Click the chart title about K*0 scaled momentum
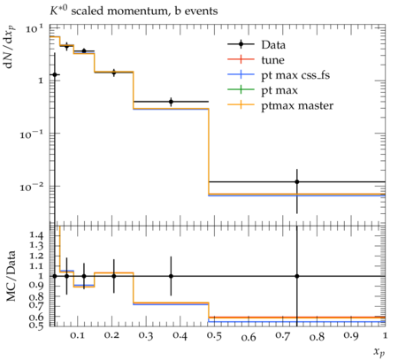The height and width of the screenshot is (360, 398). point(134,11)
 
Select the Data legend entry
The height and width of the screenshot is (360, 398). point(256,44)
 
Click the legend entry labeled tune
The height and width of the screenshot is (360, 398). point(256,60)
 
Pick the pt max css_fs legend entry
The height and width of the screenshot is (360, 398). point(279,75)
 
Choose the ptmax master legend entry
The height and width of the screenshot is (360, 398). point(280,105)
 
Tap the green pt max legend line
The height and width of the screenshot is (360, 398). point(241,89)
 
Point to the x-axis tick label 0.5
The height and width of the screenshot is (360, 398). point(214,336)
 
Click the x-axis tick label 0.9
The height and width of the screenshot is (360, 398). point(351,336)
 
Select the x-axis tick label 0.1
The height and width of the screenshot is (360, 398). point(77,336)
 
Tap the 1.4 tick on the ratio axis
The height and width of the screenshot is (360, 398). point(37,235)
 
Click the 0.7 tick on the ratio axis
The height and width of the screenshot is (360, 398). point(37,304)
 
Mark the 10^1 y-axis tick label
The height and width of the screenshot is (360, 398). point(34,29)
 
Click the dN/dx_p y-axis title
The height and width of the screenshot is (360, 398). point(10,48)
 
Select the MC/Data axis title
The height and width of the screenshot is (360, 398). point(11,276)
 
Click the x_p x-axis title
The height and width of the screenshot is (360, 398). point(379,352)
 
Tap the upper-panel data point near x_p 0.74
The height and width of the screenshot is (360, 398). point(297,182)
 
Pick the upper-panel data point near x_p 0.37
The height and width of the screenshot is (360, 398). point(171,102)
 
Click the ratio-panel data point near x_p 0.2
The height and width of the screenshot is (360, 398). point(114,276)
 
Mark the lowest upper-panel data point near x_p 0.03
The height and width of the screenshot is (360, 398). point(55,74)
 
